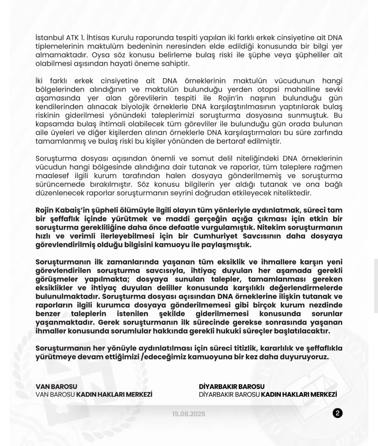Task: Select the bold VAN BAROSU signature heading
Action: [56, 387]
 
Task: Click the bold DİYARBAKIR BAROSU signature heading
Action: [232, 387]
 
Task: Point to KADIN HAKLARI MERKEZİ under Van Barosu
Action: [114, 394]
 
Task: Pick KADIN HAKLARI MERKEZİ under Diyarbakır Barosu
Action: [299, 394]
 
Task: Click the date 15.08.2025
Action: [189, 414]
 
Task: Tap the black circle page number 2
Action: [337, 413]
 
